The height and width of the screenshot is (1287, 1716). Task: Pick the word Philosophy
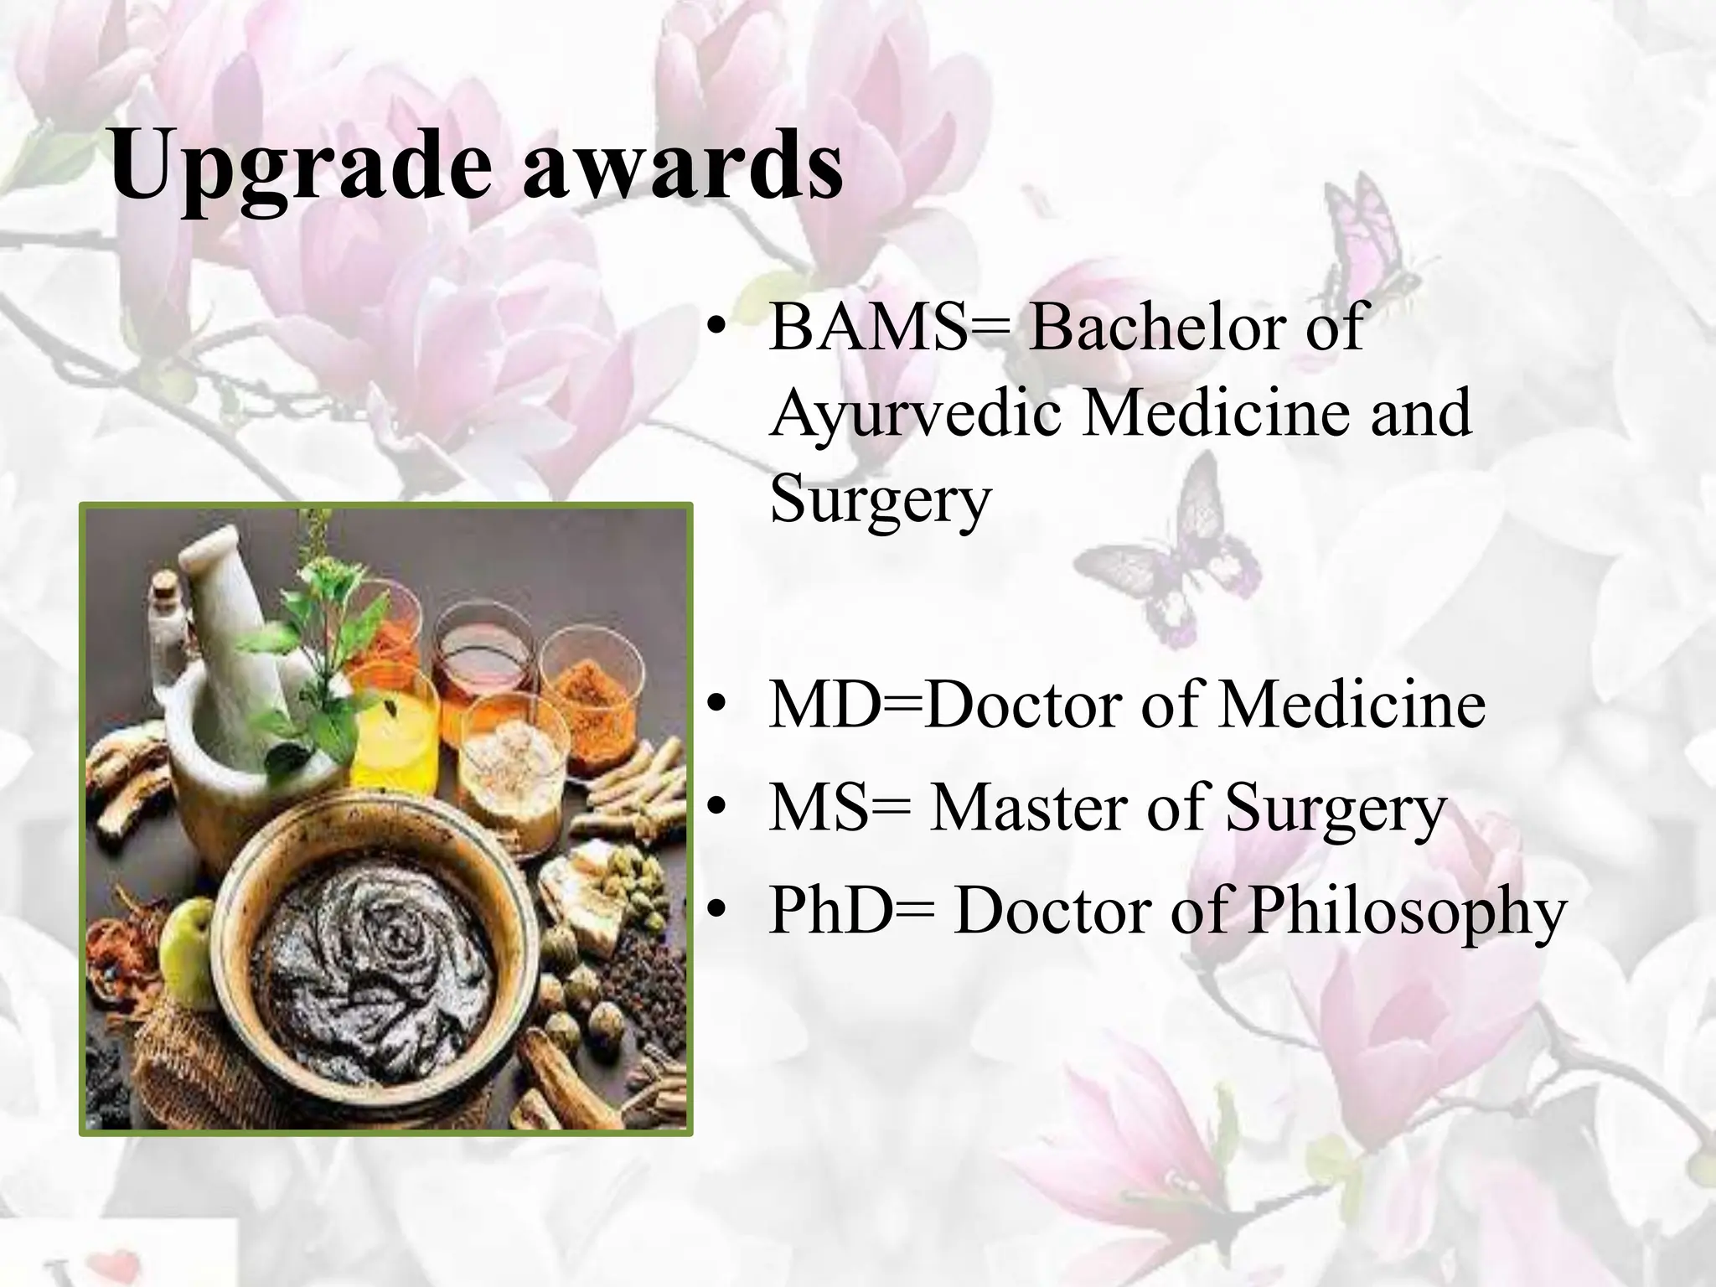pyautogui.click(x=1408, y=910)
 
